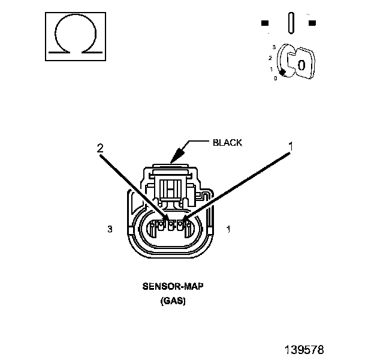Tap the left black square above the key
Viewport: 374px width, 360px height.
click(265, 23)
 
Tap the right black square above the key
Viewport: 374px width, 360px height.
click(312, 23)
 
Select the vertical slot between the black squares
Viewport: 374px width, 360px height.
click(291, 23)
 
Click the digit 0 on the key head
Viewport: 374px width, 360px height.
click(301, 65)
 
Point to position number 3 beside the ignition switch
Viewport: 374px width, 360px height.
click(274, 47)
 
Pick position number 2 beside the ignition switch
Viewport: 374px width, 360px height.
click(270, 58)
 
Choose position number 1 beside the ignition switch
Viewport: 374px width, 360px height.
click(271, 69)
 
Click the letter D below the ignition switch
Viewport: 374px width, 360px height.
click(276, 79)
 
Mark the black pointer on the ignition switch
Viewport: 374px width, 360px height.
click(283, 73)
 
